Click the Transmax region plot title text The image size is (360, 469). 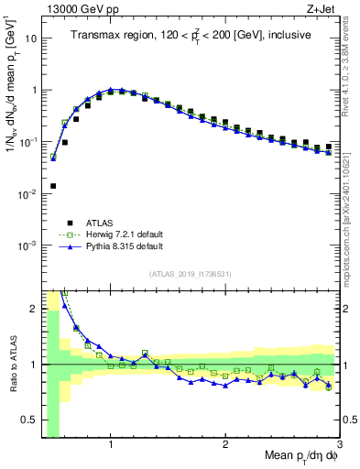click(x=190, y=36)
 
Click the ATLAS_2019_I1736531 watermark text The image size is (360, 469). click(x=191, y=273)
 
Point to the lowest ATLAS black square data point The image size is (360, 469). click(x=52, y=186)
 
